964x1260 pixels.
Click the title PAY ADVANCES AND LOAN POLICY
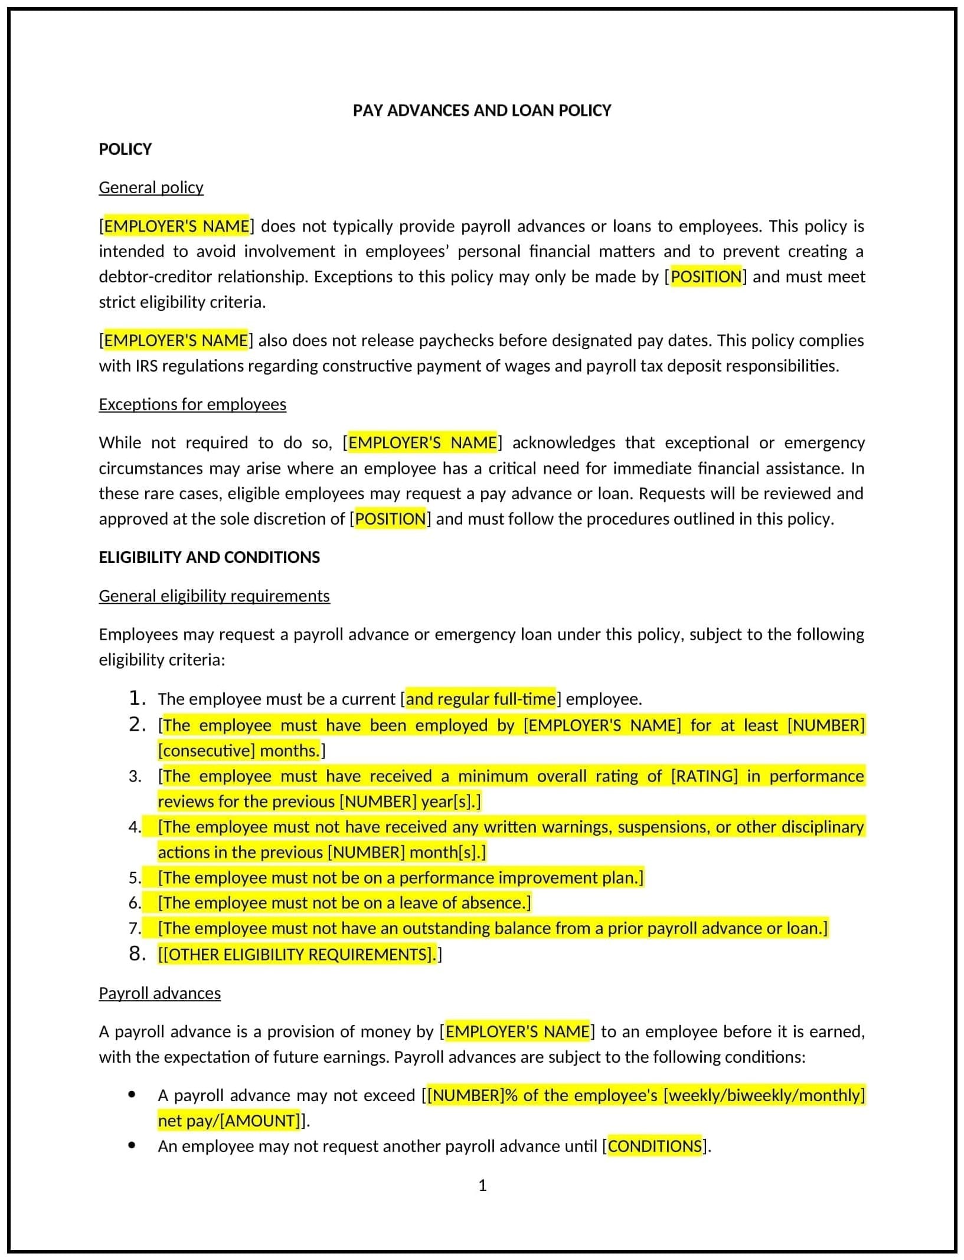point(482,110)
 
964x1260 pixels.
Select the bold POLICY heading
point(125,149)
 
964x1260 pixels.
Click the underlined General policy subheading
point(151,187)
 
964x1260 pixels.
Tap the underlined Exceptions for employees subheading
point(192,404)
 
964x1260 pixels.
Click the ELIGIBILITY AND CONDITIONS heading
point(209,557)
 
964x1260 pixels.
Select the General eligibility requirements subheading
point(214,595)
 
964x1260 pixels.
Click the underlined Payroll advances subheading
point(159,993)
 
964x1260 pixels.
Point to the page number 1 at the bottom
point(482,1185)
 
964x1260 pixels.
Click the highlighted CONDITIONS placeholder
point(655,1146)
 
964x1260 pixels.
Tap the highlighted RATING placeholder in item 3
point(704,776)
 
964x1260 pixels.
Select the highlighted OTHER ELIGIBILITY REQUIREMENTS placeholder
point(298,955)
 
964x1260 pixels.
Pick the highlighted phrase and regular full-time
point(481,699)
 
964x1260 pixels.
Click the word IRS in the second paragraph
point(146,366)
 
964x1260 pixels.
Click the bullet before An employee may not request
point(132,1145)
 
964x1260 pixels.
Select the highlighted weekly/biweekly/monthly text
point(764,1095)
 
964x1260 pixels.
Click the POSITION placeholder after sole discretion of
point(390,519)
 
